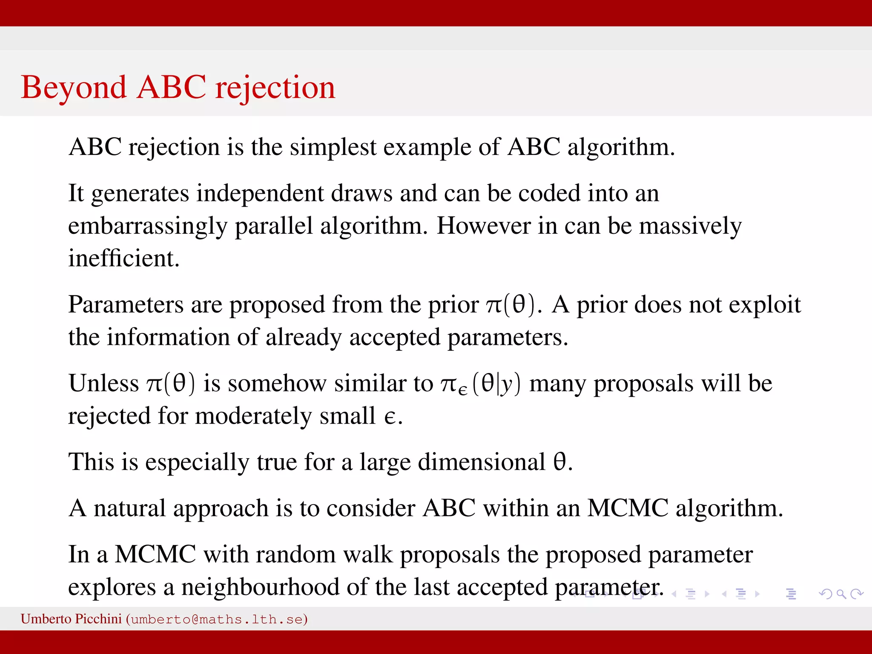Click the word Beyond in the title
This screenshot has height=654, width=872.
click(73, 88)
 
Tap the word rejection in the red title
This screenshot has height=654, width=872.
click(275, 88)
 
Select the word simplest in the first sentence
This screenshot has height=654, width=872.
click(333, 147)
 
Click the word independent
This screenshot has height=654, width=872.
click(260, 193)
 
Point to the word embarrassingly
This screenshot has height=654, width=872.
click(147, 226)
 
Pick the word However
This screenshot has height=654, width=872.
click(483, 226)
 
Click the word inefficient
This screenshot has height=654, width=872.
click(124, 258)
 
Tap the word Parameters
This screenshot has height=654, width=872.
click(126, 305)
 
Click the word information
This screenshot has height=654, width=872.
click(168, 337)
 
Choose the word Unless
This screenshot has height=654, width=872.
click(103, 383)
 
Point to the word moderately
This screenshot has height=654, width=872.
click(253, 416)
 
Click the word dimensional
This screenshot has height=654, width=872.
click(481, 462)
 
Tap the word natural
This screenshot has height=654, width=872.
click(129, 508)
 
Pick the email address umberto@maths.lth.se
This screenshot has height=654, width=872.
click(217, 619)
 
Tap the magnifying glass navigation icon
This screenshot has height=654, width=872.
click(841, 594)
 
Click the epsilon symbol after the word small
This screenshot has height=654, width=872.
click(390, 417)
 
